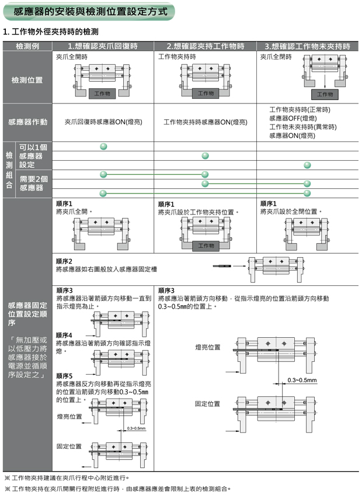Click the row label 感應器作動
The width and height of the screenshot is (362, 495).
click(x=28, y=122)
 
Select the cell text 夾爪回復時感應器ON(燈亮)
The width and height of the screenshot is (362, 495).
click(x=103, y=122)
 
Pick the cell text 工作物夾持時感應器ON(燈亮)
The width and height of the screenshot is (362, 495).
click(x=205, y=122)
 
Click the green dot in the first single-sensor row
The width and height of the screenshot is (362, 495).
click(x=103, y=146)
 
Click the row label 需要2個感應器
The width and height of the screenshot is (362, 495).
click(x=34, y=183)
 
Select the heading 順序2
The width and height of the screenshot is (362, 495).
click(x=64, y=261)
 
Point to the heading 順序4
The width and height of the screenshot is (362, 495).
click(x=64, y=335)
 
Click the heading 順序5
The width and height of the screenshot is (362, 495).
click(x=64, y=375)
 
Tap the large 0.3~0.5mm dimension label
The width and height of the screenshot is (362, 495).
click(x=302, y=380)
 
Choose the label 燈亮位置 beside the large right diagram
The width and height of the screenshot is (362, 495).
click(x=208, y=347)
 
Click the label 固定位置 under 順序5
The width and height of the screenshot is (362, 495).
click(x=69, y=446)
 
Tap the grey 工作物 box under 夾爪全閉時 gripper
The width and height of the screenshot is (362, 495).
click(x=325, y=94)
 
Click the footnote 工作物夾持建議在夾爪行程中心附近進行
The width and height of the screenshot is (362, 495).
click(x=70, y=477)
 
